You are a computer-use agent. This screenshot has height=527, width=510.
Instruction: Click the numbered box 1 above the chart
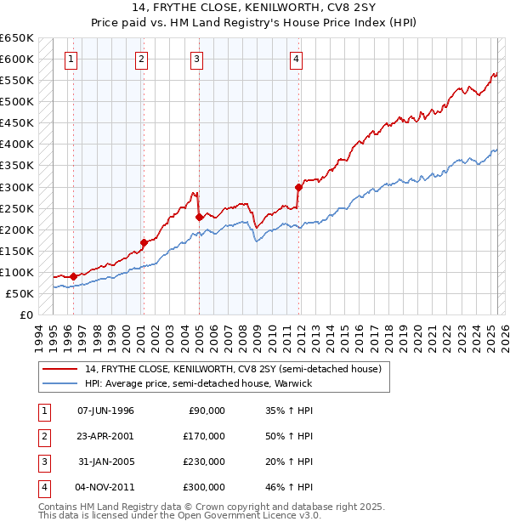pyautogui.click(x=70, y=59)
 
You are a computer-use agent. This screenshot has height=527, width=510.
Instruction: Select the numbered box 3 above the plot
pyautogui.click(x=196, y=59)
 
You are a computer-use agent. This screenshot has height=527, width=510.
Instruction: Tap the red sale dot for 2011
pyautogui.click(x=298, y=187)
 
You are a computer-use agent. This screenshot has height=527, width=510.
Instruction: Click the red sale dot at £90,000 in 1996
pyautogui.click(x=74, y=276)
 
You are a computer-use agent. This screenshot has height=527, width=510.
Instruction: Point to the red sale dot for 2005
pyautogui.click(x=199, y=217)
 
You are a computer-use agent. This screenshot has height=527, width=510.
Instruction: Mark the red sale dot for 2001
pyautogui.click(x=144, y=242)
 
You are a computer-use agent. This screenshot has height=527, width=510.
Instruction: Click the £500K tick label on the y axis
pyautogui.click(x=17, y=102)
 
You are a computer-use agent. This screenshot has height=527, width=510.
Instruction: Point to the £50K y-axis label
pyautogui.click(x=20, y=294)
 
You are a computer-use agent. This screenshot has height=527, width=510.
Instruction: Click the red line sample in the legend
pyautogui.click(x=61, y=370)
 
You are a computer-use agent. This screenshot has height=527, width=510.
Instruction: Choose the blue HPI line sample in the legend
pyautogui.click(x=61, y=383)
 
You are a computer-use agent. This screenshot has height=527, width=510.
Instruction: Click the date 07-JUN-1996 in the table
pyautogui.click(x=105, y=411)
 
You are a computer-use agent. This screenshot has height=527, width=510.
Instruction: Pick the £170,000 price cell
pyautogui.click(x=205, y=436)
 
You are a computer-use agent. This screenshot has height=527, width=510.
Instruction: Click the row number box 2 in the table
pyautogui.click(x=43, y=436)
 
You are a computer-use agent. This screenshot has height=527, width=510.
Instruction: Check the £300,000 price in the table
pyautogui.click(x=205, y=487)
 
